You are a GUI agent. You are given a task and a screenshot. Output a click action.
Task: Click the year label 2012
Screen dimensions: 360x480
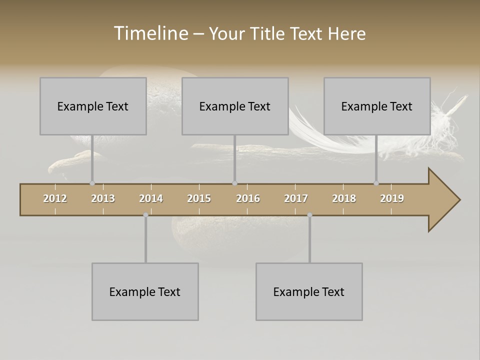(x=55, y=198)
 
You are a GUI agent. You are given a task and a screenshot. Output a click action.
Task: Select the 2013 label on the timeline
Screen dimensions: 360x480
(x=103, y=198)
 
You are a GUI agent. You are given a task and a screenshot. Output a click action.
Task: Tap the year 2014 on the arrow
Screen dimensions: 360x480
(x=151, y=198)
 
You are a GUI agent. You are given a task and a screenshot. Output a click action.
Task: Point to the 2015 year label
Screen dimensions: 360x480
(x=199, y=198)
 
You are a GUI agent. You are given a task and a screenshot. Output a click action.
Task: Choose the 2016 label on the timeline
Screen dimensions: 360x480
(x=248, y=198)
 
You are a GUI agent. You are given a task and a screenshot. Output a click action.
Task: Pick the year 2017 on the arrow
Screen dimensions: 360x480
(x=296, y=198)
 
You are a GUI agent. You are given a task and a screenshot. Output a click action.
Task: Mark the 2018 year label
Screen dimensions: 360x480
(x=344, y=198)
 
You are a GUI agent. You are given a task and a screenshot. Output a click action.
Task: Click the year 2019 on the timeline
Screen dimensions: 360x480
(x=392, y=198)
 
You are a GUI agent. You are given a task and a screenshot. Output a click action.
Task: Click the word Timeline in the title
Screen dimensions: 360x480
(x=150, y=33)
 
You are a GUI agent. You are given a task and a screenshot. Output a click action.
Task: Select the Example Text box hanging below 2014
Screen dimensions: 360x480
(x=145, y=291)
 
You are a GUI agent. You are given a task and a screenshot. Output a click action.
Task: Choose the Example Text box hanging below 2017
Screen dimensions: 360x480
(x=309, y=291)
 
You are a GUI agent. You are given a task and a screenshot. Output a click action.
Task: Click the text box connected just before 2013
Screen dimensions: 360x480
(x=93, y=106)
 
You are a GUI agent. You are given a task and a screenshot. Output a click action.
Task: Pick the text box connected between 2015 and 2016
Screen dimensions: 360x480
(x=235, y=106)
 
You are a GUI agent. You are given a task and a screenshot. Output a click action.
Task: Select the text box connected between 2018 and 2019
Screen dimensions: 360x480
(x=377, y=106)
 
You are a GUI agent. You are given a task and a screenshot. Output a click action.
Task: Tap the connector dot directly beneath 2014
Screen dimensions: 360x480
(x=145, y=215)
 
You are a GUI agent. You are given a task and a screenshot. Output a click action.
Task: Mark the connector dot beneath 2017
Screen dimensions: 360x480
(x=309, y=215)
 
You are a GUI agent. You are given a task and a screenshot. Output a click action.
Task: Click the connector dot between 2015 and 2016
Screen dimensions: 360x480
(x=234, y=183)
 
